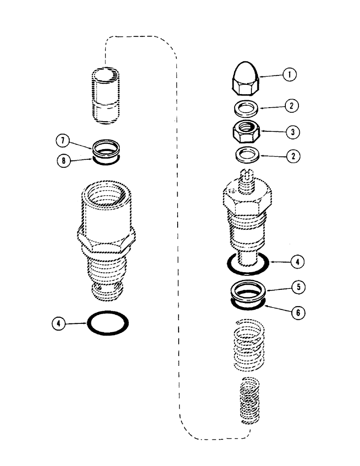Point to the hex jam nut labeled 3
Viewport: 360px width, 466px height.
[246, 130]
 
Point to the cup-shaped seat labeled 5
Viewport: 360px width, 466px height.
[247, 294]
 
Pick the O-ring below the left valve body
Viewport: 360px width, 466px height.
[108, 322]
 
